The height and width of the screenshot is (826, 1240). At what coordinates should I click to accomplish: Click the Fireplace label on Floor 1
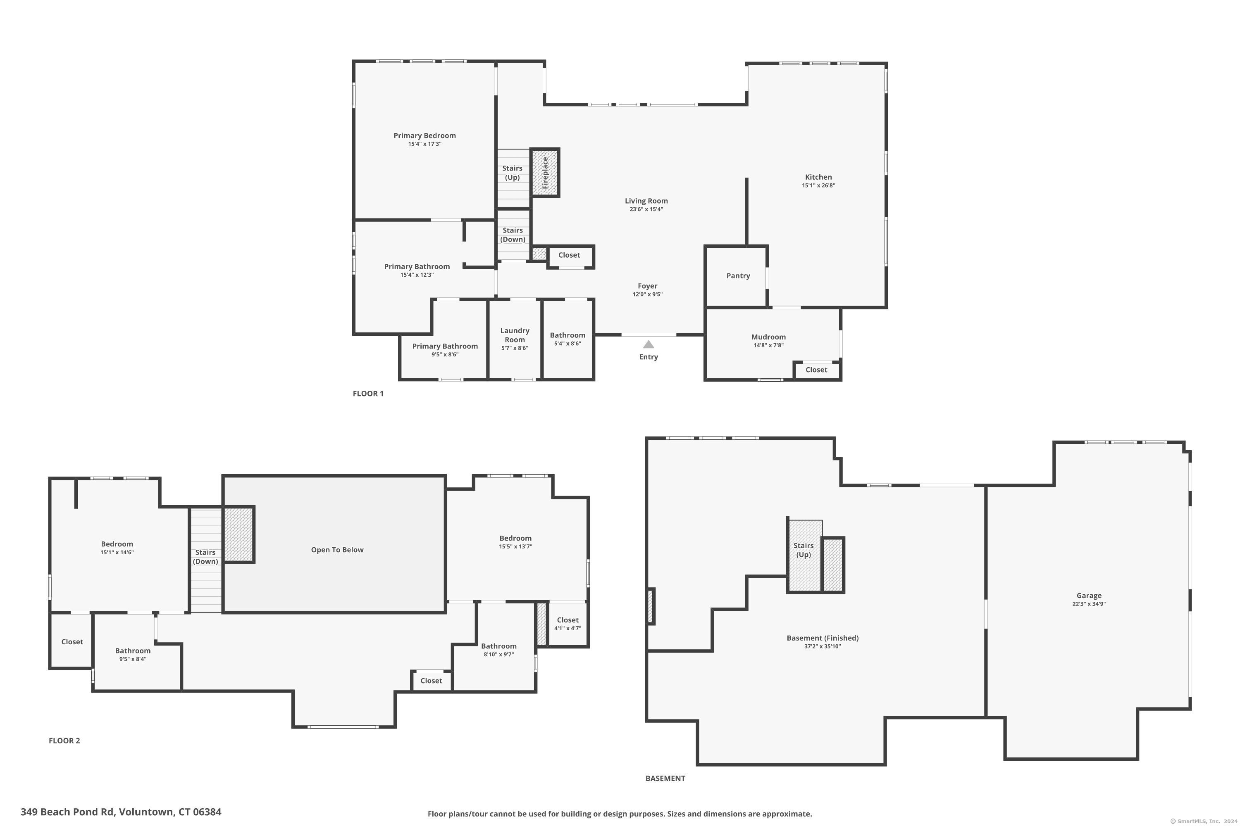click(x=545, y=173)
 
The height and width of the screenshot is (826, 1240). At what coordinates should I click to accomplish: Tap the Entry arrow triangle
click(x=649, y=344)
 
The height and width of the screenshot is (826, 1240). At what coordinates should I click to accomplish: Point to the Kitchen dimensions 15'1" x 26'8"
click(x=818, y=185)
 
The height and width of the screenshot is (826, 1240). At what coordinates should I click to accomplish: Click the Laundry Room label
click(x=515, y=335)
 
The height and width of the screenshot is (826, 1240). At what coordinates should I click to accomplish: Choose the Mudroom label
click(x=768, y=337)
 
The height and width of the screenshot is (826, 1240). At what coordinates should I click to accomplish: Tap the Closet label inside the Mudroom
click(x=816, y=370)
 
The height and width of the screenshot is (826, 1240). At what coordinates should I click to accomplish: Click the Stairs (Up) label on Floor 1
click(x=512, y=173)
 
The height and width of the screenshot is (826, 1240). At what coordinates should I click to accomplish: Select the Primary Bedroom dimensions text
click(x=424, y=144)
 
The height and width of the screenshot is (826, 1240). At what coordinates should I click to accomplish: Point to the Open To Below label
click(x=337, y=549)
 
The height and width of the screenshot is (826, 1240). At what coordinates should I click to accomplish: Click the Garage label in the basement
click(x=1089, y=595)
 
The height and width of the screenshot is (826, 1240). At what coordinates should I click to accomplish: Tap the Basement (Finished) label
click(x=823, y=638)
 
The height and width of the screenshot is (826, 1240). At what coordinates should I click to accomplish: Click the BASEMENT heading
click(x=665, y=778)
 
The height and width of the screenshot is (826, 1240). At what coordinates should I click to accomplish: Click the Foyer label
click(x=647, y=286)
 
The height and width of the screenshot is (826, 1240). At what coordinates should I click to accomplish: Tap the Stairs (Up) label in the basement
click(x=804, y=550)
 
